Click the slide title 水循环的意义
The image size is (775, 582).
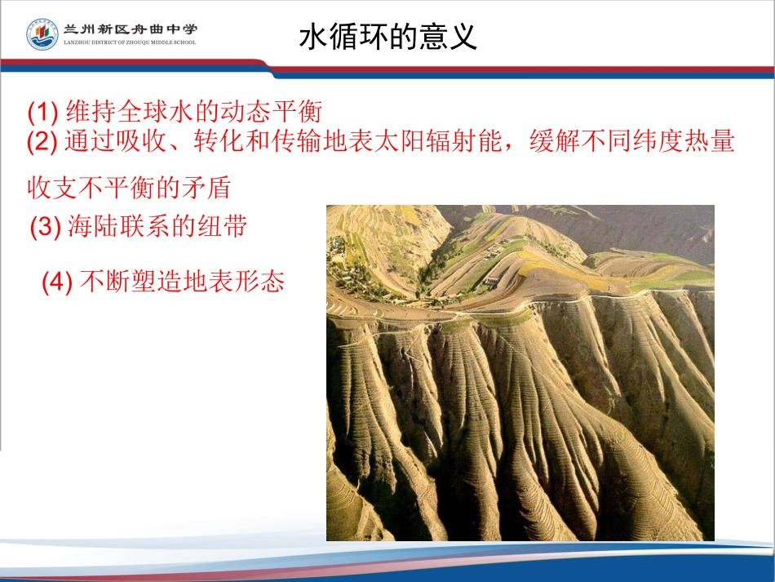(388, 37)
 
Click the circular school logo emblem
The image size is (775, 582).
(42, 34)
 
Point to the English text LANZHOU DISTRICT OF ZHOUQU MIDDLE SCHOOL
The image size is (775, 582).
(131, 42)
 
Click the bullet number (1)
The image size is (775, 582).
(42, 110)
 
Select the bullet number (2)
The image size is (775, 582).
(42, 143)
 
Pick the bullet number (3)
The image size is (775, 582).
(45, 228)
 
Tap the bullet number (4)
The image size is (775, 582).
(57, 282)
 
